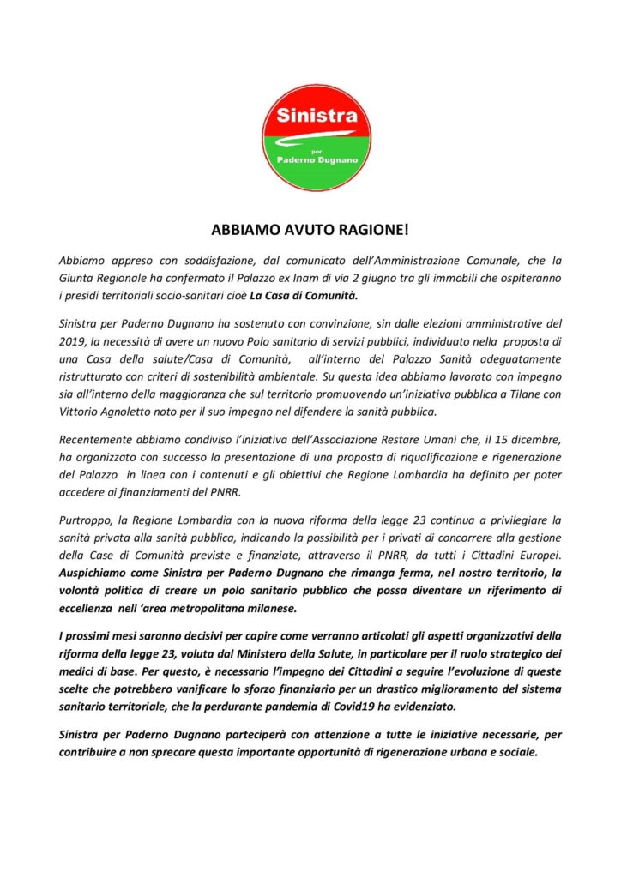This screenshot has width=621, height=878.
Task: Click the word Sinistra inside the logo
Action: pos(316,115)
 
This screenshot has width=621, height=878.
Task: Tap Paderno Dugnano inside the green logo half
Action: pos(316,159)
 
